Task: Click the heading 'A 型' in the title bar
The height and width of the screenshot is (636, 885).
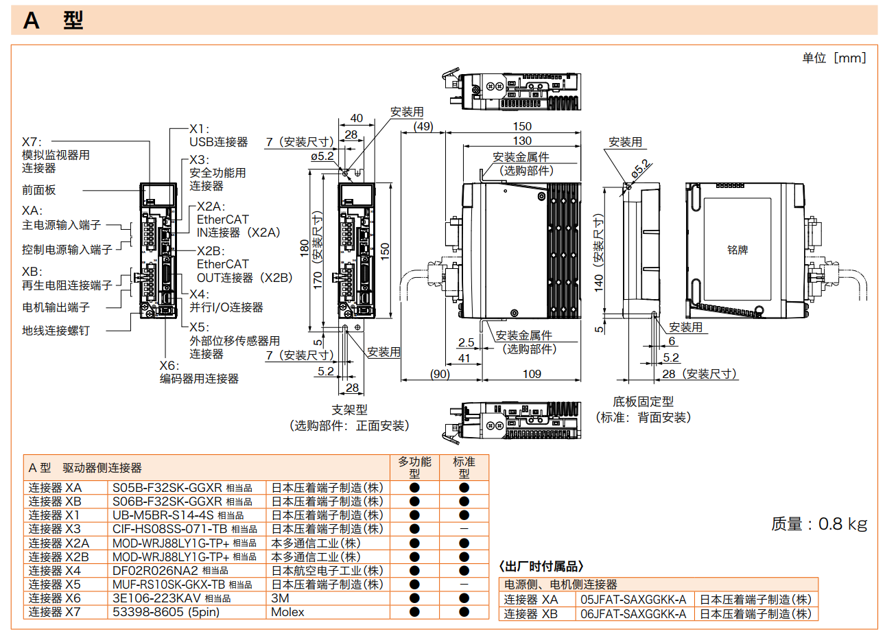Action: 53,20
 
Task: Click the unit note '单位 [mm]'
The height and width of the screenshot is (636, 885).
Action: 834,58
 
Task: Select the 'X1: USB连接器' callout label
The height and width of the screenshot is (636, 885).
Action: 218,136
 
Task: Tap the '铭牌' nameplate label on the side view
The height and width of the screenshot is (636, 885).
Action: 737,250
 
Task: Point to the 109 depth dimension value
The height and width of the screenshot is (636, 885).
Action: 532,374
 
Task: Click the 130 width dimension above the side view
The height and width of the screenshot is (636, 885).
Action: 522,141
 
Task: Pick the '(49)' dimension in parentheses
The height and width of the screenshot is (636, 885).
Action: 423,126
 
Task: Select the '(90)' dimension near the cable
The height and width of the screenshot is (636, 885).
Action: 440,374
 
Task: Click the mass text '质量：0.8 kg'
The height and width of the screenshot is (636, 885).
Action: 819,523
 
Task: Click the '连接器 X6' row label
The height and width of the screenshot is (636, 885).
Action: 55,598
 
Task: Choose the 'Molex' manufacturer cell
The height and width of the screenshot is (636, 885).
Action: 287,612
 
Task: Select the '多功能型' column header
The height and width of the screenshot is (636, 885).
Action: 414,467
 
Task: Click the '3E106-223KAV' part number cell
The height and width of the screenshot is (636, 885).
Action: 156,598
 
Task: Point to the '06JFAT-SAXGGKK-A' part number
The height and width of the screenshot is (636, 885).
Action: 633,614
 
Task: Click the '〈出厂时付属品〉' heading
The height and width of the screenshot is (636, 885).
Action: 541,566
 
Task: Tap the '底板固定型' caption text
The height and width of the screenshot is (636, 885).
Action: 643,402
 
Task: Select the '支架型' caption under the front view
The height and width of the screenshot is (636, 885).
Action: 349,410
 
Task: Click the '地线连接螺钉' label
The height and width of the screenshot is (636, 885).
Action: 56,331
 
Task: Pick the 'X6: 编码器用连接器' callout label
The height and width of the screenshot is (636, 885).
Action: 199,373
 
